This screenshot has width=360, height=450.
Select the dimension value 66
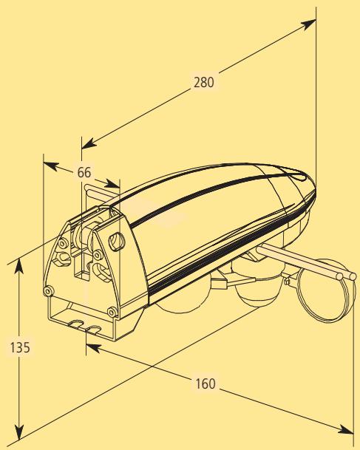84,171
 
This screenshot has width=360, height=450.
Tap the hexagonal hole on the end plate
115,240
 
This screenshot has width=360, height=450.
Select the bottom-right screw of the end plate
111,310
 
